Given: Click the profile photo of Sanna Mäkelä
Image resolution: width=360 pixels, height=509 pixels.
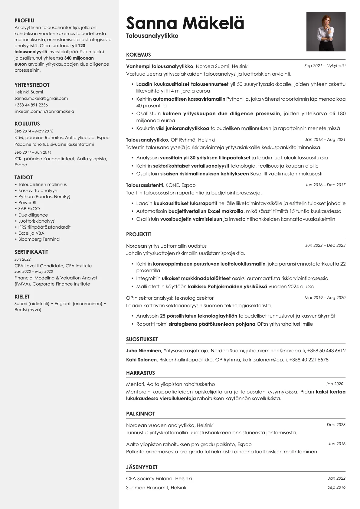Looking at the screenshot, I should click(326, 32).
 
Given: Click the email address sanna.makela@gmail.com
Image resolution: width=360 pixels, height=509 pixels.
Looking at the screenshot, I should click(41, 98).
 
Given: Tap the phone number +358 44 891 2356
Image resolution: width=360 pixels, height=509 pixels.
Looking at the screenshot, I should click(31, 105).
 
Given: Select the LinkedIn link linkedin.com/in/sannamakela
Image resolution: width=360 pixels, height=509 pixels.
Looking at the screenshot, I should click(44, 111).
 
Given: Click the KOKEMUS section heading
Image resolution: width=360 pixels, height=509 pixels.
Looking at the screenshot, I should click(138, 55).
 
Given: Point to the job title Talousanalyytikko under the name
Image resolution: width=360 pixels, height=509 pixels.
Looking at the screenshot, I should click(152, 36).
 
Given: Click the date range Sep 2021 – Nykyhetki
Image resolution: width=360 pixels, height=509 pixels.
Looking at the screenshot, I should click(325, 66).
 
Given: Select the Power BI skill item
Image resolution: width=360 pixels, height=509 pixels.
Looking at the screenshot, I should click(27, 203).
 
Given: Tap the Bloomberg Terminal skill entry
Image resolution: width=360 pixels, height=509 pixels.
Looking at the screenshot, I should click(39, 239).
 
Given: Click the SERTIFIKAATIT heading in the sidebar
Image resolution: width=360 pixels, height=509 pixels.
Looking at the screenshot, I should click(31, 252).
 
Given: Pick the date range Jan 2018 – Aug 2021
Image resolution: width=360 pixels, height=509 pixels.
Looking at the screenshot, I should click(325, 139).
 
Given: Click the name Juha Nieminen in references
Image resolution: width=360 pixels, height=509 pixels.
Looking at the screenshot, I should click(143, 351).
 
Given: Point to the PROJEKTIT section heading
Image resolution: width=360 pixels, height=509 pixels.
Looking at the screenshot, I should click(139, 234).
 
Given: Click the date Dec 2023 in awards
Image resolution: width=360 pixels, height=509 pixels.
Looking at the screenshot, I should click(336, 425).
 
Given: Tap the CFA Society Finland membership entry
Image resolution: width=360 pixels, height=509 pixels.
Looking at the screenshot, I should click(159, 478).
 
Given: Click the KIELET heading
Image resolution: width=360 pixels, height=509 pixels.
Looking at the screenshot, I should click(22, 297).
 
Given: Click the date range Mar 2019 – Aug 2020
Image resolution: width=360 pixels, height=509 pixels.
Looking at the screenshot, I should click(325, 298).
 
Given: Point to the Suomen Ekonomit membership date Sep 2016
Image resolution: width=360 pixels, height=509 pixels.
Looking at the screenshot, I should click(336, 487).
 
